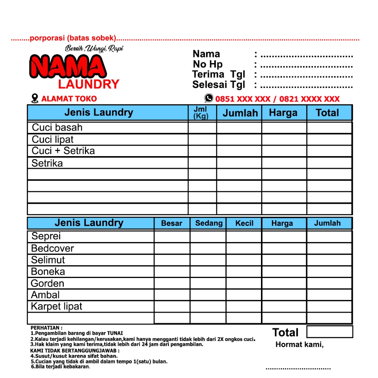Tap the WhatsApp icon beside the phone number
click(x=209, y=98)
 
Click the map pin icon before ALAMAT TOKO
click(x=35, y=99)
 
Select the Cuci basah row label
click(x=57, y=128)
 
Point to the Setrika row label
click(x=47, y=163)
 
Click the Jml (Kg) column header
click(x=201, y=113)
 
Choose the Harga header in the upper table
click(x=283, y=113)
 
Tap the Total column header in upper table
click(x=327, y=113)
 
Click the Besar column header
click(x=172, y=223)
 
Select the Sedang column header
click(x=209, y=223)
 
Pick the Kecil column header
click(x=244, y=223)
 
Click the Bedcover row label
click(x=52, y=248)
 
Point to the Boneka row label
click(x=48, y=272)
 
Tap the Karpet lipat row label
click(x=56, y=306)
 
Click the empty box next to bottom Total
click(x=330, y=332)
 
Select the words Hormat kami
click(x=299, y=345)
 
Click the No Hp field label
click(x=207, y=64)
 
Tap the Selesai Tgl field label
click(x=218, y=85)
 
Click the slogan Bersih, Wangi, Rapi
click(x=94, y=48)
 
